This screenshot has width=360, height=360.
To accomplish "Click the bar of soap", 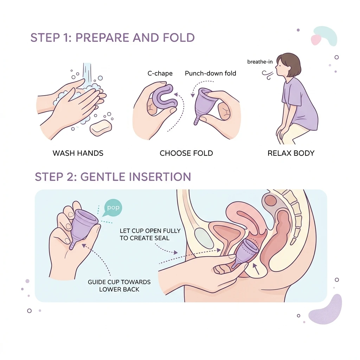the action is coord(101,128).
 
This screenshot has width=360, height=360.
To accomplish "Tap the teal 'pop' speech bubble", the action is coord(113,208).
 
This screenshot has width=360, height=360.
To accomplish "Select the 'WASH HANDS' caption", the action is coord(78,153).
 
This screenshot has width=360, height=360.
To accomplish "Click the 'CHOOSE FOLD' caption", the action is coord(186,153).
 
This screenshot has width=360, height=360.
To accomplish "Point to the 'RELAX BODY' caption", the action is coord(291,153).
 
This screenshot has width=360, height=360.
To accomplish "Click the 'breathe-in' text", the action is coord(260,62).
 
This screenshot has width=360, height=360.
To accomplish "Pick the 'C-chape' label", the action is coord(160,73).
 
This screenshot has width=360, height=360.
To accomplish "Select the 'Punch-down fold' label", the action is coord(211,73).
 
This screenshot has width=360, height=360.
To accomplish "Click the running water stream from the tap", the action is coord(87,73).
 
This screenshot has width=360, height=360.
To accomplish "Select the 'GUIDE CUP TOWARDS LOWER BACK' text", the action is coord(119,285).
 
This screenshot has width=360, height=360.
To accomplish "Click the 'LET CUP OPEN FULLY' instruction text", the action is coord(150,231).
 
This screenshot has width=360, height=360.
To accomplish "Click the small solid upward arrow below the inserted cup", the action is coord(256,269).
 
